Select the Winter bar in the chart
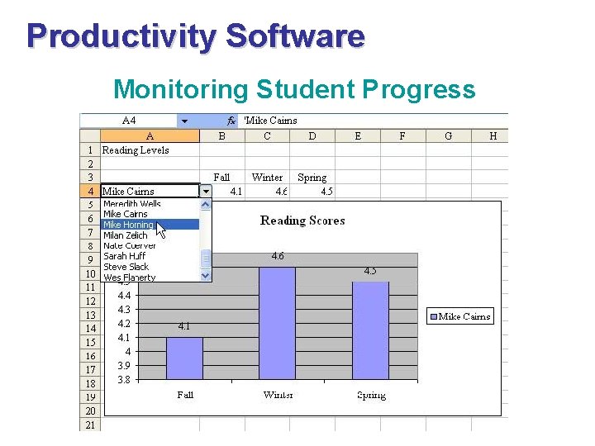click(x=278, y=323)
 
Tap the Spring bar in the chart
click(x=371, y=330)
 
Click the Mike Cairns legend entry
click(x=459, y=316)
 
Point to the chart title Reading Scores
click(x=302, y=221)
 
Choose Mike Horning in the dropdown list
click(x=128, y=225)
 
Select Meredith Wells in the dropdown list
click(x=131, y=204)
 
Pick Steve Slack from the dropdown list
click(x=126, y=267)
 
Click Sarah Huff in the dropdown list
click(x=125, y=256)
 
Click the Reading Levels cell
click(x=136, y=150)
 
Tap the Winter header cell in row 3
click(x=267, y=178)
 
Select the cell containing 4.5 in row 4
click(x=326, y=192)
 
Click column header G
click(x=448, y=136)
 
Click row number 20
click(x=90, y=410)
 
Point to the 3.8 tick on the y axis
click(x=123, y=380)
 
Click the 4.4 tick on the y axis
click(x=124, y=296)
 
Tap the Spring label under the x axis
click(x=371, y=395)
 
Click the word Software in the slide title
click(x=294, y=36)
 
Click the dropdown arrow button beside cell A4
click(x=206, y=192)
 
